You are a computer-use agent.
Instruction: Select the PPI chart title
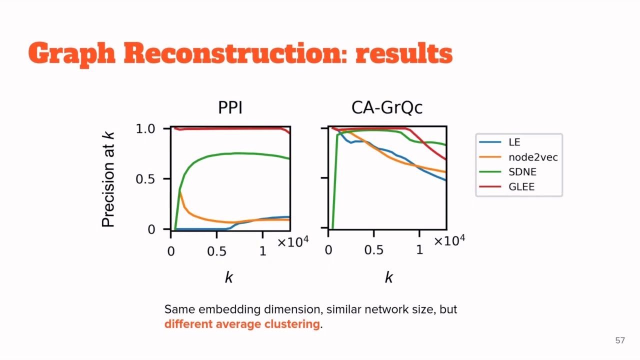(230, 107)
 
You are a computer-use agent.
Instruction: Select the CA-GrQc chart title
(387, 107)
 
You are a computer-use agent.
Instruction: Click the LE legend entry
(514, 142)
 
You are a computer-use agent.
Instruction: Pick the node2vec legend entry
(532, 157)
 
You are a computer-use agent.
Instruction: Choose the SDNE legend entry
(522, 171)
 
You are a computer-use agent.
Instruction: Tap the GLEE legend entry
(521, 186)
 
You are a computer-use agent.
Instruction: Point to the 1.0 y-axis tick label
(146, 129)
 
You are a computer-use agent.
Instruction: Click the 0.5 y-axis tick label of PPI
(146, 179)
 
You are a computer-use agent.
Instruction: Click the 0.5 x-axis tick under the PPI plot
(216, 251)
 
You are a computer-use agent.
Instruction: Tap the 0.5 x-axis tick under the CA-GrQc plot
(373, 250)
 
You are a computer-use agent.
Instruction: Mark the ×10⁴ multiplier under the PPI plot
(293, 242)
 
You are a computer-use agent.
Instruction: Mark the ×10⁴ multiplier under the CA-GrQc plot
(449, 241)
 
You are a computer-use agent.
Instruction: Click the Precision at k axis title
(108, 179)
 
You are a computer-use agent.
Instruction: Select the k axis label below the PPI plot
(229, 277)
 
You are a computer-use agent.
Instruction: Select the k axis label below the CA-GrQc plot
(389, 277)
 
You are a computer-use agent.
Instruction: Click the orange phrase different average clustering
(242, 324)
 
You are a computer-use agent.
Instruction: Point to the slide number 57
(620, 340)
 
